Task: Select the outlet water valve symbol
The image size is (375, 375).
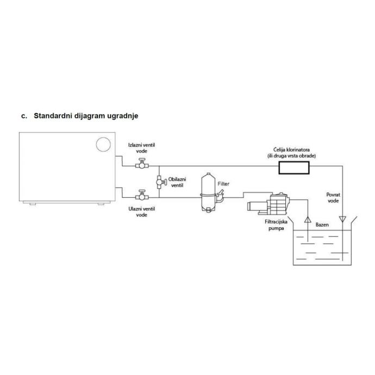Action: click(x=141, y=164)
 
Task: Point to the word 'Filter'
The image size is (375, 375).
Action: click(x=223, y=184)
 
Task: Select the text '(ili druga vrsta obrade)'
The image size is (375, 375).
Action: click(x=295, y=155)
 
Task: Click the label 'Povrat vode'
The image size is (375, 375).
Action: click(x=334, y=197)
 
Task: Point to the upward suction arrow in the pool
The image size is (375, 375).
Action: click(x=307, y=220)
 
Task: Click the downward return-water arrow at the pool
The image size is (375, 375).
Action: click(x=342, y=220)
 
